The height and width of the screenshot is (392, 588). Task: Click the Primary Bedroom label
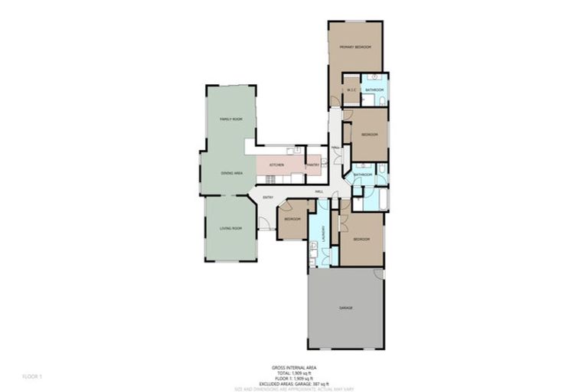356,47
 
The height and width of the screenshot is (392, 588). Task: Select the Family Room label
231,119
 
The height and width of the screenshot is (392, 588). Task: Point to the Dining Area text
232,174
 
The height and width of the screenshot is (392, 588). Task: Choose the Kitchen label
277,165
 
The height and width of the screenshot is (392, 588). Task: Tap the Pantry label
312,165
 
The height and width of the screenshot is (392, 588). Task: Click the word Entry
268,198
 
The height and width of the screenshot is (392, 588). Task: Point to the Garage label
346,308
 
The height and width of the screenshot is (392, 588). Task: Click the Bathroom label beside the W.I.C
374,91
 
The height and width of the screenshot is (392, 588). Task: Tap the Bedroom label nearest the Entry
292,220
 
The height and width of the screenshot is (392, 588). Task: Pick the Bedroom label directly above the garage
361,240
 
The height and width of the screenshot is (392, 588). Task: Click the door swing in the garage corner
377,275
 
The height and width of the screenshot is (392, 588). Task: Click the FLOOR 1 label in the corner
31,377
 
